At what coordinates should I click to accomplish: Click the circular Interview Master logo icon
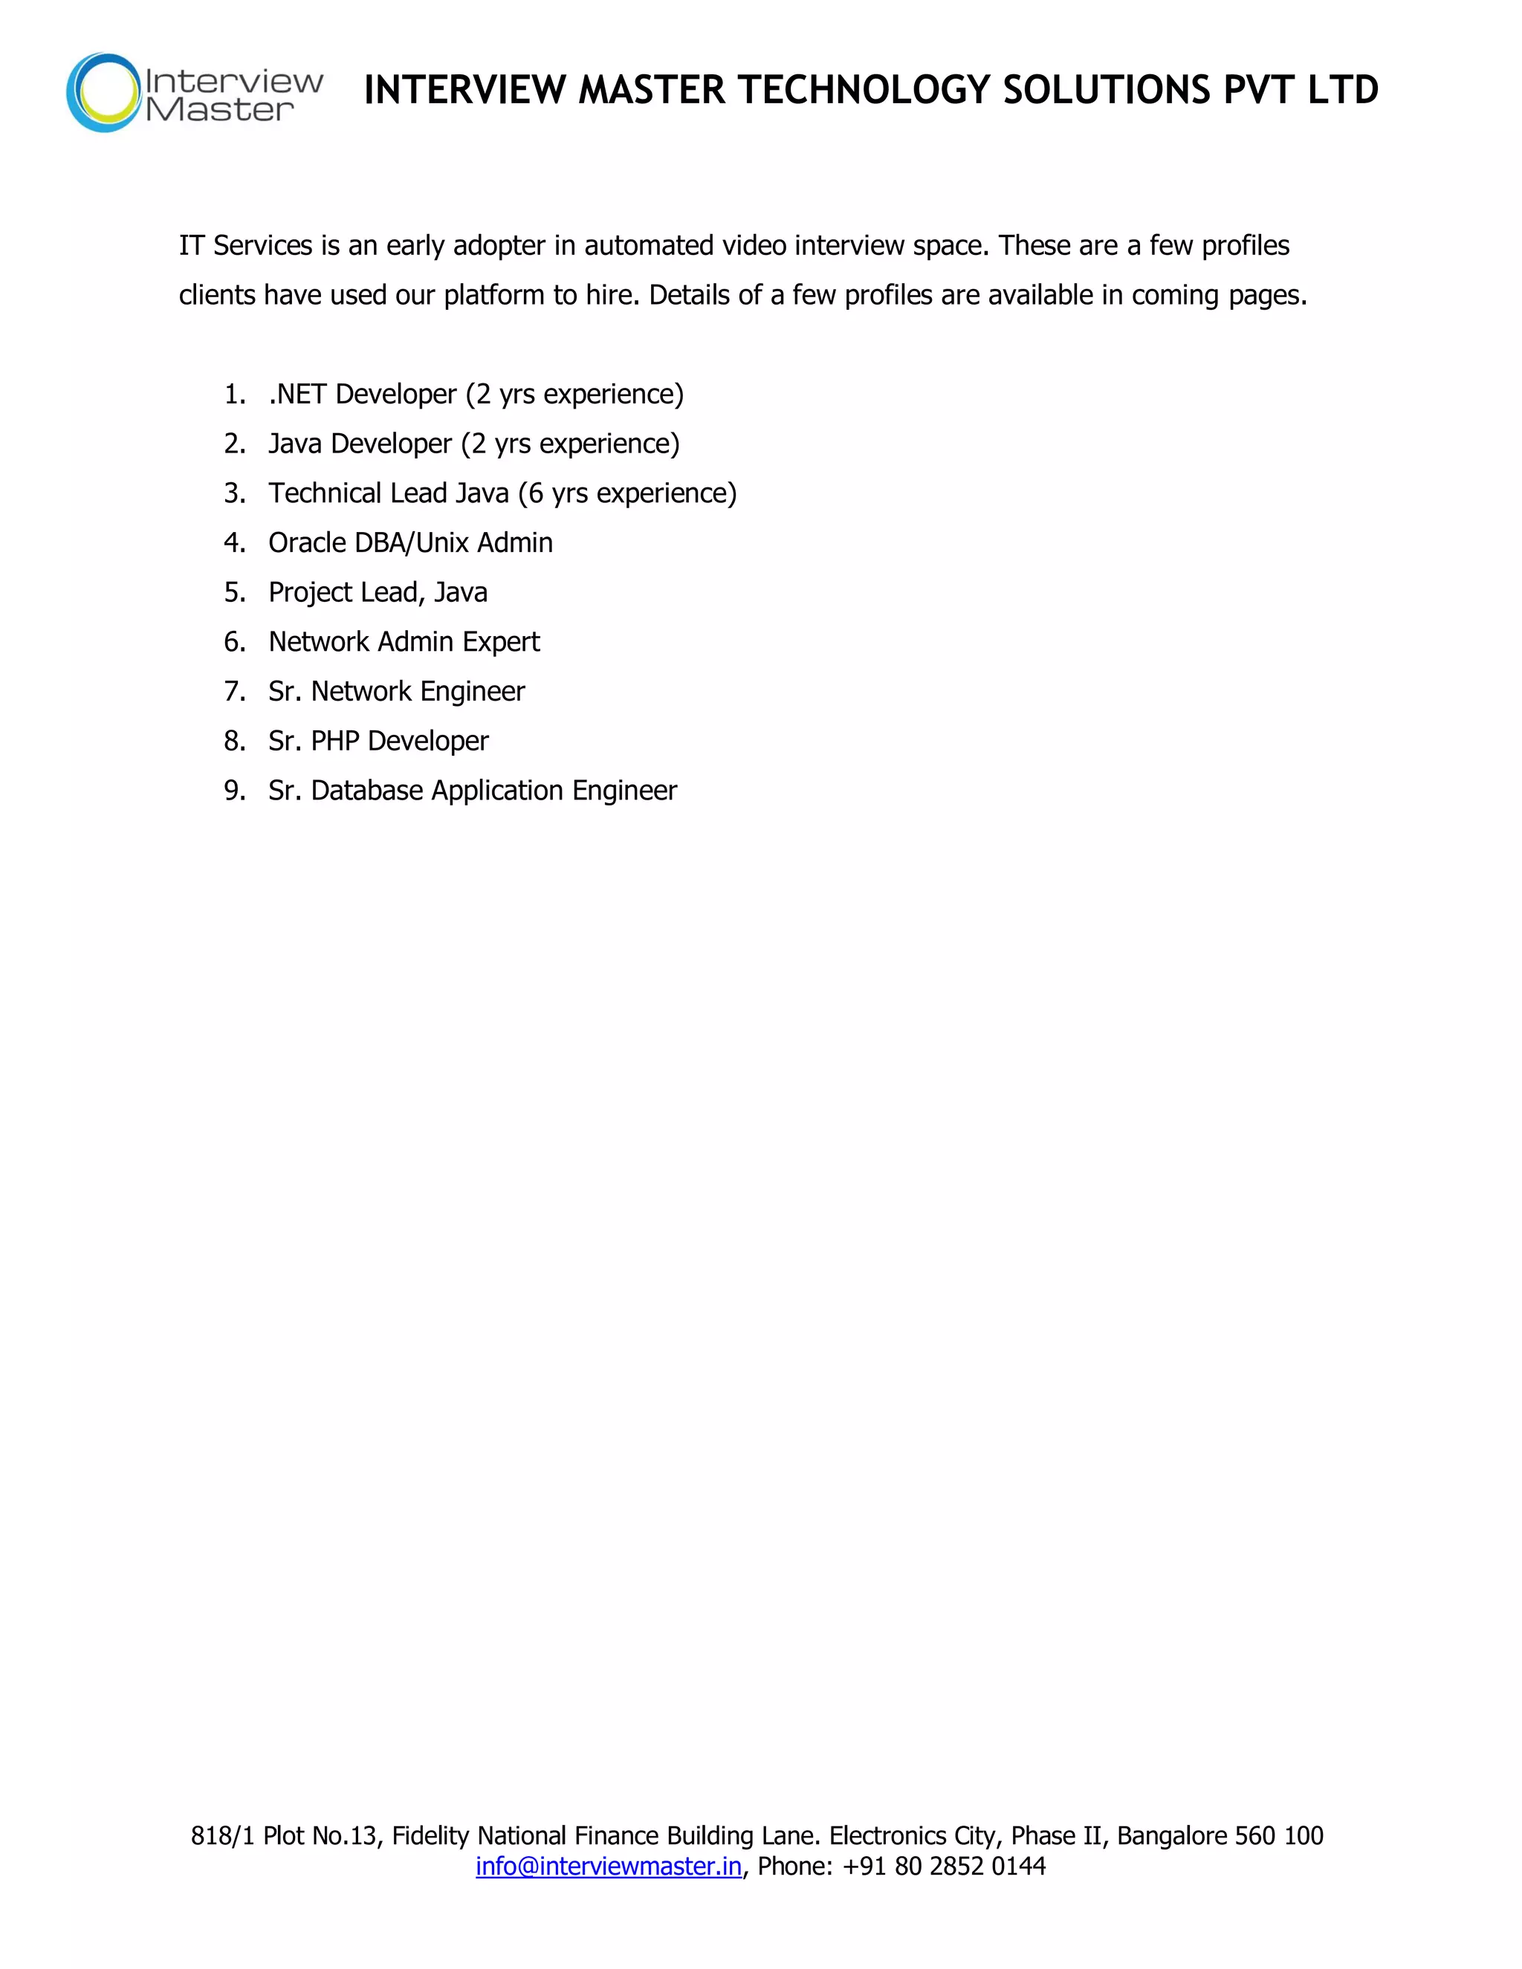[105, 92]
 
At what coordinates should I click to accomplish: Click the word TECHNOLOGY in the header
[863, 90]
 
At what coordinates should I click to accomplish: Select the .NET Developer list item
[476, 394]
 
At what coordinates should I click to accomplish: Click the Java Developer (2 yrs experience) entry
[473, 444]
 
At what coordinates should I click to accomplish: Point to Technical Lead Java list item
[502, 493]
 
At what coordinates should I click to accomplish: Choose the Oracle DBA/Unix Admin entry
[410, 542]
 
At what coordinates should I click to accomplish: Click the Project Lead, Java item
[378, 592]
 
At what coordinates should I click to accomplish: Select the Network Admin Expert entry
[404, 642]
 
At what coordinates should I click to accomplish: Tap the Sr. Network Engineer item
[396, 692]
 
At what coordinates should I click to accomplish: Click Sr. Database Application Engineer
[473, 791]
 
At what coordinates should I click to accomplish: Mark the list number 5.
[233, 592]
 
